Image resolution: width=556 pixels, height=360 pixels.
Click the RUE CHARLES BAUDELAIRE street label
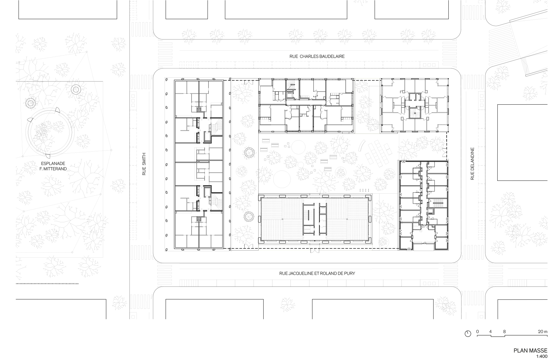(317, 56)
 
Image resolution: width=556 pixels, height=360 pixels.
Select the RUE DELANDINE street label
(472, 164)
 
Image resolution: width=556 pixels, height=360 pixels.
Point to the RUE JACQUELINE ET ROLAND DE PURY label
(317, 273)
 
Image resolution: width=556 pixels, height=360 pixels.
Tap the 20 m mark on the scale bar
(542, 332)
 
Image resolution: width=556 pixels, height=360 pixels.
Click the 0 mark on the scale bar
(477, 332)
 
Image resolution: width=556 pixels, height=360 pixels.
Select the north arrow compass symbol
(468, 334)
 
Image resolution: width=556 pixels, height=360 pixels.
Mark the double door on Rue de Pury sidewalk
(315, 251)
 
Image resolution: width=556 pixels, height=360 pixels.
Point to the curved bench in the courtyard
(362, 146)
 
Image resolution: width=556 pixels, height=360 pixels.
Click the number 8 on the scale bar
(504, 332)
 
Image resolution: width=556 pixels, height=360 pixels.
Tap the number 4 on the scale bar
(491, 332)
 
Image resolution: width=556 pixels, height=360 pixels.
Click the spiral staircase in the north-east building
(414, 114)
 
